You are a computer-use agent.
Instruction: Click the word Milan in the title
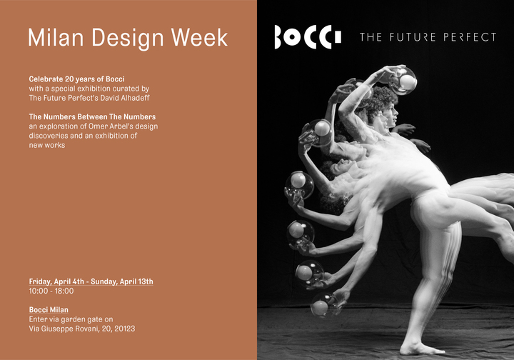[56, 37]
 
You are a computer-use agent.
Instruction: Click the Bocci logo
[308, 36]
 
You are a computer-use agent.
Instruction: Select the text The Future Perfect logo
[428, 37]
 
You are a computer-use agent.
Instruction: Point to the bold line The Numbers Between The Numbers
[92, 116]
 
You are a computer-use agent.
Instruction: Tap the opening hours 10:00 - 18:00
[51, 291]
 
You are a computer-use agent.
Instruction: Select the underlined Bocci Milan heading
[49, 310]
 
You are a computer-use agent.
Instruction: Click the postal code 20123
[124, 329]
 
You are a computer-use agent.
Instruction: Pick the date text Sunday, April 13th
[122, 281]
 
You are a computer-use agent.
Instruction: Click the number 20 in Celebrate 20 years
[69, 79]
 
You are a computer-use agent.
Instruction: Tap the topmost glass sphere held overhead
[404, 80]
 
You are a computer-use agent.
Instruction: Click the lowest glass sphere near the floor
[323, 306]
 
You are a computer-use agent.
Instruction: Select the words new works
[47, 145]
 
